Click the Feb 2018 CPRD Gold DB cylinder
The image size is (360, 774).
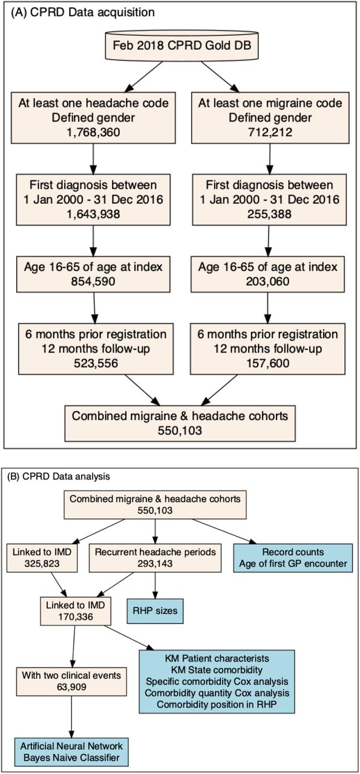182,47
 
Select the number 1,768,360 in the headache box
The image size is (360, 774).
93,132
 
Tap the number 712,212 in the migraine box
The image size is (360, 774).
270,132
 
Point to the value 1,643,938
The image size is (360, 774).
93,214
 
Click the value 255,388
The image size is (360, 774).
269,214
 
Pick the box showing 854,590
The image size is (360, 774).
93,275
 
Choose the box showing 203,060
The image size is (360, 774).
267,275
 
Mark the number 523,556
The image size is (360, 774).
96,363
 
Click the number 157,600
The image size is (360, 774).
267,363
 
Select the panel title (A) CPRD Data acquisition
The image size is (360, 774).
83,13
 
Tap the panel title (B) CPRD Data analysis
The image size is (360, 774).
59,476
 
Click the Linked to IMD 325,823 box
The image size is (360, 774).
42,558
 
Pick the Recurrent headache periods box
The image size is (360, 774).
155,558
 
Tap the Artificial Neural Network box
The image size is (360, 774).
71,753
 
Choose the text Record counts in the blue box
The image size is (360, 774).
293,552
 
